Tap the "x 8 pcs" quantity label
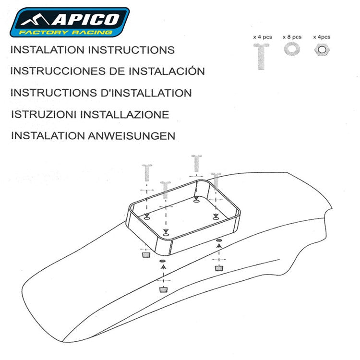pos(291,37)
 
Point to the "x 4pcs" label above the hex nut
pos(321,37)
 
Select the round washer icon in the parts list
pos(291,49)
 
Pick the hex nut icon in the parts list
pos(321,49)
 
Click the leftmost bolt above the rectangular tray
pos(147,172)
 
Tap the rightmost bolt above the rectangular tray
pos(216,180)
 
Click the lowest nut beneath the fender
pos(163,290)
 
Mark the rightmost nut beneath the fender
pos(219,267)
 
